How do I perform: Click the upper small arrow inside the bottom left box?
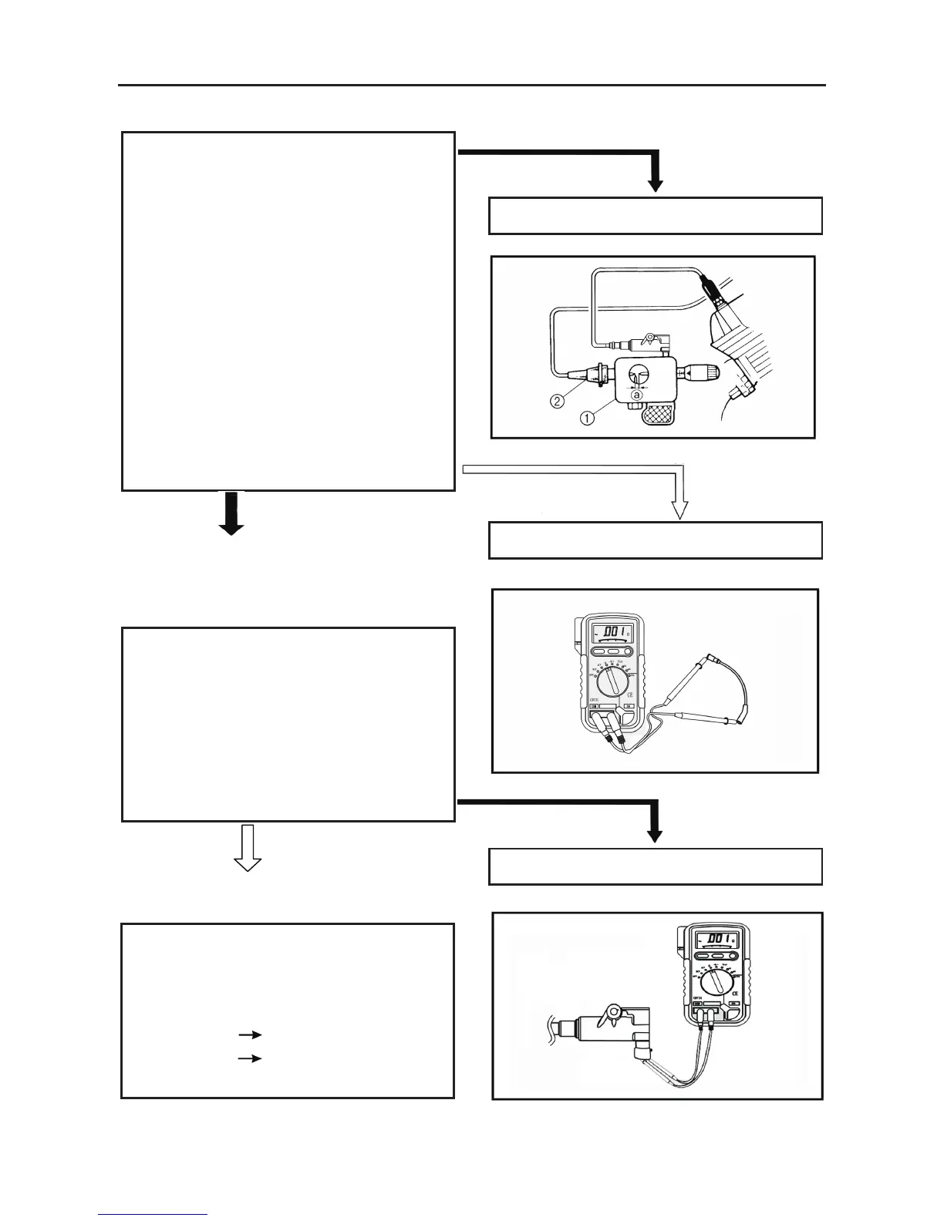click(x=250, y=1034)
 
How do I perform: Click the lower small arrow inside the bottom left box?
click(x=250, y=1058)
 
